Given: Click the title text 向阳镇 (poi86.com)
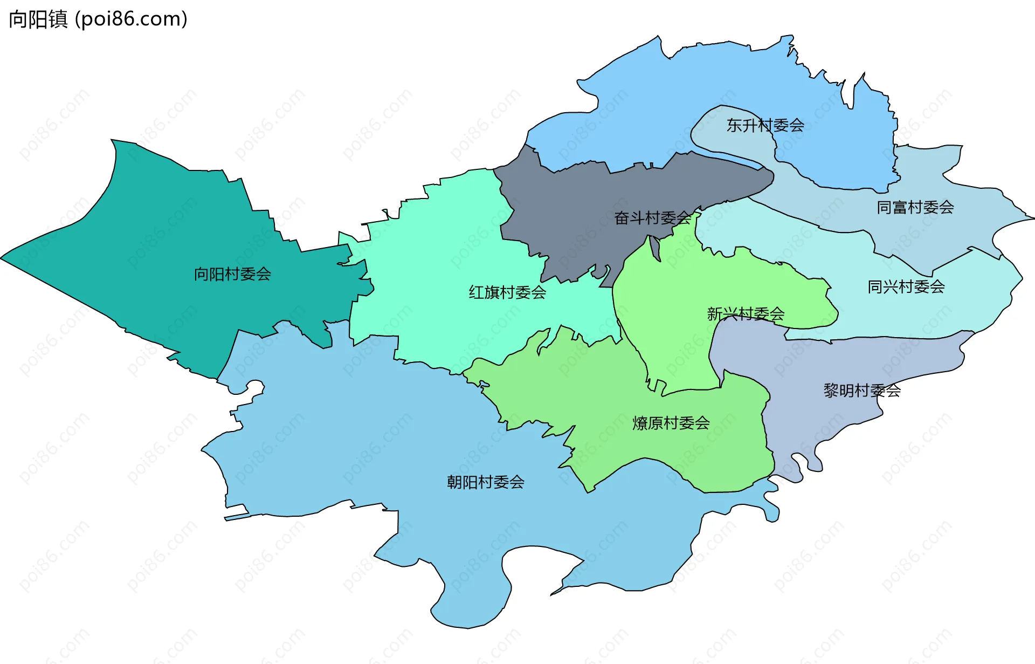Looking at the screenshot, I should pyautogui.click(x=98, y=19).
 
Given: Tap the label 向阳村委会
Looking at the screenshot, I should pyautogui.click(x=232, y=274).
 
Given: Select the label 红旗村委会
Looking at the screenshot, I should pyautogui.click(x=507, y=292).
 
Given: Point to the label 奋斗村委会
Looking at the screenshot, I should pyautogui.click(x=652, y=218).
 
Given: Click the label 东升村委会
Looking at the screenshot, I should pyautogui.click(x=765, y=126).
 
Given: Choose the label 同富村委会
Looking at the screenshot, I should pyautogui.click(x=915, y=207).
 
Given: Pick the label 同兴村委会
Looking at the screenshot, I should pyautogui.click(x=906, y=286).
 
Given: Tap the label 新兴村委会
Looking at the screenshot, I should pyautogui.click(x=746, y=314).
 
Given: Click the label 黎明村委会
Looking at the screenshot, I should pyautogui.click(x=861, y=390).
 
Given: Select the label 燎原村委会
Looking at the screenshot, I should pyautogui.click(x=671, y=423).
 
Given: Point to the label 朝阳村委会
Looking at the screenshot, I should pyautogui.click(x=485, y=482).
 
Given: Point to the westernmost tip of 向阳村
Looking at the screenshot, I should pyautogui.click(x=2, y=258).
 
